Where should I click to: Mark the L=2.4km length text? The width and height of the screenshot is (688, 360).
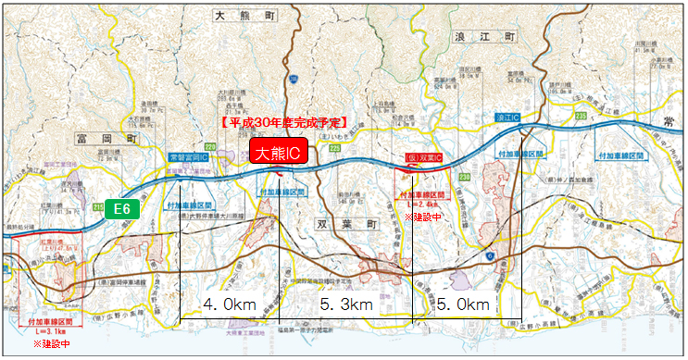[423, 205]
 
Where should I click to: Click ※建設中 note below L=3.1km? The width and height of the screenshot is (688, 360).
[51, 342]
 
